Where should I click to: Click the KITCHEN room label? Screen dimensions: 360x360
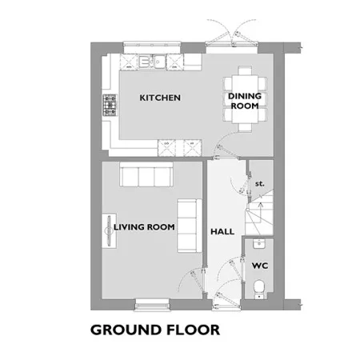[160, 98]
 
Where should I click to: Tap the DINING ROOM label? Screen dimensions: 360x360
[245, 101]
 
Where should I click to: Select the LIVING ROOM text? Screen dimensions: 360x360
[144, 227]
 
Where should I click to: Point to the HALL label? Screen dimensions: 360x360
[222, 231]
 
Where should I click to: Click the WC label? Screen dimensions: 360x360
[260, 266]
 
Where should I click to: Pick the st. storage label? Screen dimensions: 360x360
[259, 184]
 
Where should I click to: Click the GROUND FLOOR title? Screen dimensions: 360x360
[155, 330]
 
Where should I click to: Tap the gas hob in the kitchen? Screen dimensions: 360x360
[110, 105]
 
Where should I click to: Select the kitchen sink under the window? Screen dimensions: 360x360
[152, 62]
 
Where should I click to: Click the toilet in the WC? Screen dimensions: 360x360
[259, 289]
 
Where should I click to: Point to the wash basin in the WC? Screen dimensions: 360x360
[259, 243]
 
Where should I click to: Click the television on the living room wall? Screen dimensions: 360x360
[109, 230]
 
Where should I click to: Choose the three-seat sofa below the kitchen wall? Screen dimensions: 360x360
[146, 174]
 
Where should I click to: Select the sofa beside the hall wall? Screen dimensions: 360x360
[190, 226]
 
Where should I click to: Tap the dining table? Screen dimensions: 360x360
[245, 99]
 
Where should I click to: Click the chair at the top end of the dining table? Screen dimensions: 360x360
[245, 70]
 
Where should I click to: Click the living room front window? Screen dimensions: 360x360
[153, 305]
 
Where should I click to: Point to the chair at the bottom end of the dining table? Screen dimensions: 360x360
[245, 128]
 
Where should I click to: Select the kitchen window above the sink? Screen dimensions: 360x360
[152, 47]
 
